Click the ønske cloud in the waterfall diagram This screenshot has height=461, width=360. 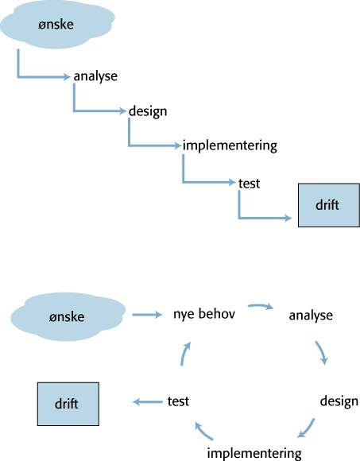point(56,25)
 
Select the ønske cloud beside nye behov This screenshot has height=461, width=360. point(68,316)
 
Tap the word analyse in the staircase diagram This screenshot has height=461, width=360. point(95,76)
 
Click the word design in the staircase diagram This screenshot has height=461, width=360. point(148,111)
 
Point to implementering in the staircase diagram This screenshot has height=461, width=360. point(230,145)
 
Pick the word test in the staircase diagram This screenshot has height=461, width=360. point(249,184)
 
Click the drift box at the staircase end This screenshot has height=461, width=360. point(329,205)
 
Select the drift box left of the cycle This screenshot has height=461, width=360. point(68,404)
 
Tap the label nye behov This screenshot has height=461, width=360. point(204,314)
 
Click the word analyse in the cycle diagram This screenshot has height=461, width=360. point(311,316)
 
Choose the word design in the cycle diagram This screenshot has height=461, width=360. point(339,401)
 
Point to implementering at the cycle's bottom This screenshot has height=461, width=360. point(254,453)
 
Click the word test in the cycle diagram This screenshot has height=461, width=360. point(178,401)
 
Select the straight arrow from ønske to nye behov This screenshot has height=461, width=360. point(147,315)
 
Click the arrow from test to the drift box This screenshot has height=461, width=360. point(148,401)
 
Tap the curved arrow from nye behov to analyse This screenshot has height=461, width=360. point(261,305)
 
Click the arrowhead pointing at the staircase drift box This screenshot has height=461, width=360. point(288,218)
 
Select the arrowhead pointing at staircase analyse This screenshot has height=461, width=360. point(67,77)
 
